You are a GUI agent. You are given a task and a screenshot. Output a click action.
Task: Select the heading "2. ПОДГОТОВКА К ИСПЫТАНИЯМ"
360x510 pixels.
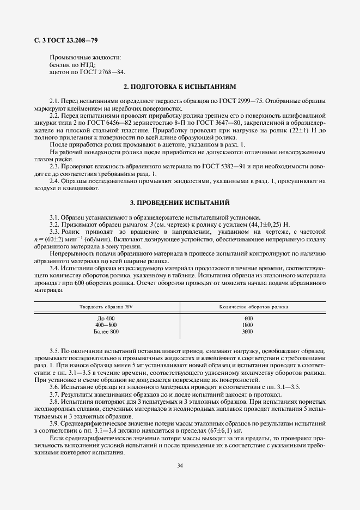pos(180,87)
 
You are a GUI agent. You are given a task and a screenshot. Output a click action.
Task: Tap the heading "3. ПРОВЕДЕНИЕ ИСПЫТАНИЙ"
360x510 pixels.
pos(180,202)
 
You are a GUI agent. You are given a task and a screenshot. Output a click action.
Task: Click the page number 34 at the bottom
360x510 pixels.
pos(180,465)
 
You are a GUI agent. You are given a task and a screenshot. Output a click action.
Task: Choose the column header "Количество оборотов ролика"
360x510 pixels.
pos(254,307)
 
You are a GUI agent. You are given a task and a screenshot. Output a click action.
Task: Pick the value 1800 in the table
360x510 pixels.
pos(249,325)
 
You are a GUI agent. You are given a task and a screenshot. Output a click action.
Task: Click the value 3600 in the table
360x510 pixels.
pos(249,331)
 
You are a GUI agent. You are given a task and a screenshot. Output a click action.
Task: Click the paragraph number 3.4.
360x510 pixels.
pos(54,269)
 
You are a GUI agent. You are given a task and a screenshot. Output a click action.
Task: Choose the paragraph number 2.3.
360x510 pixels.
pos(54,166)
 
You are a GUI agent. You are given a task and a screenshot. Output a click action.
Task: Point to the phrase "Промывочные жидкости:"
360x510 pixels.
pos(86,57)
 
